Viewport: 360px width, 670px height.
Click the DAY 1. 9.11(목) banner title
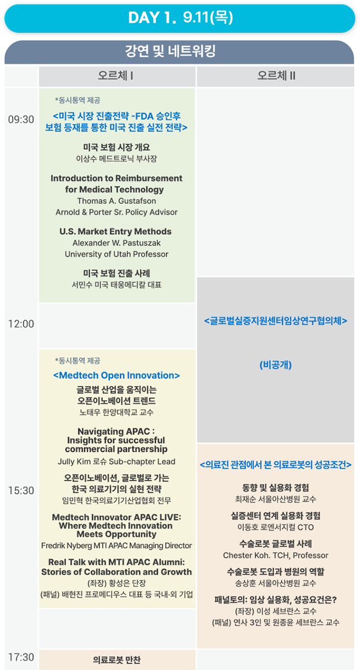pyautogui.click(x=180, y=19)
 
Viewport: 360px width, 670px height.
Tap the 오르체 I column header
pyautogui.click(x=116, y=76)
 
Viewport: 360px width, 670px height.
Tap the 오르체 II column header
pyautogui.click(x=276, y=76)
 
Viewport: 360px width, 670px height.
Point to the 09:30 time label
pyautogui.click(x=21, y=119)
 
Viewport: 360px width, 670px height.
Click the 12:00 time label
pyautogui.click(x=21, y=325)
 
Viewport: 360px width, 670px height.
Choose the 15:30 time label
pyautogui.click(x=21, y=491)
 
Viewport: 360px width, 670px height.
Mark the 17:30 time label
pyautogui.click(x=21, y=657)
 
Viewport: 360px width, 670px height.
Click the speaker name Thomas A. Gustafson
pyautogui.click(x=117, y=201)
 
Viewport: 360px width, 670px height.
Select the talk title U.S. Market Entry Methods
pyautogui.click(x=115, y=232)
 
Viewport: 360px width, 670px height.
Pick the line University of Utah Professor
pyautogui.click(x=117, y=254)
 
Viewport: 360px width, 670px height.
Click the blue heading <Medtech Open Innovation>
pyautogui.click(x=117, y=375)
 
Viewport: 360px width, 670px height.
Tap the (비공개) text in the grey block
pyautogui.click(x=276, y=365)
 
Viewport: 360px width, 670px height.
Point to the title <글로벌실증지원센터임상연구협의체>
pyautogui.click(x=276, y=320)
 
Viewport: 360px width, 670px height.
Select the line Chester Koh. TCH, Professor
pyautogui.click(x=276, y=555)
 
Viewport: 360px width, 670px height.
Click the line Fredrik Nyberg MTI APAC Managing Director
pyautogui.click(x=117, y=546)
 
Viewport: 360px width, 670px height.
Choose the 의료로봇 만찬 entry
pyautogui.click(x=117, y=660)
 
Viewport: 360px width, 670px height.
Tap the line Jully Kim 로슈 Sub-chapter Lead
pyautogui.click(x=117, y=462)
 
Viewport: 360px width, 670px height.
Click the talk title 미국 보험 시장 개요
pyautogui.click(x=117, y=147)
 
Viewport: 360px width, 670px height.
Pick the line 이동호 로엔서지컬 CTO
pyautogui.click(x=276, y=527)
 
